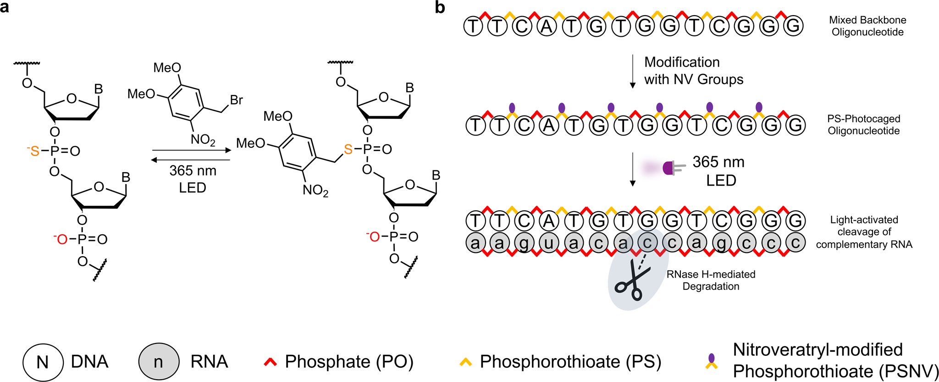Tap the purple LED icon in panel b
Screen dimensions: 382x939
[670, 168]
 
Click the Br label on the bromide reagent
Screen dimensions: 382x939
[236, 100]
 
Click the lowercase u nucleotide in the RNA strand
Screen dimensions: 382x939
[549, 242]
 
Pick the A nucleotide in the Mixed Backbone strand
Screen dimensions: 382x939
[547, 26]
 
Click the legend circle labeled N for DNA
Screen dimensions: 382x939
[43, 362]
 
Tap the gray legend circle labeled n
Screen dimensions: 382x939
[158, 362]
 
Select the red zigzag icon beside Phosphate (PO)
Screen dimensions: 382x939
[271, 362]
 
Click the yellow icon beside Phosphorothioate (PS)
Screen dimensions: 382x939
[465, 362]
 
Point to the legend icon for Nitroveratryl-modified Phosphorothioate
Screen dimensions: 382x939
[711, 362]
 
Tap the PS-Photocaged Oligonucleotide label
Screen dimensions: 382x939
[863, 124]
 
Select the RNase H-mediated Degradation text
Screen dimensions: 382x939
[711, 280]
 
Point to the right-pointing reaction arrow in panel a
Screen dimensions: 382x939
[191, 150]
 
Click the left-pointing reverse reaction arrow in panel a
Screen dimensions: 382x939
[191, 160]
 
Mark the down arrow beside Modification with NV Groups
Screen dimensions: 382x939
[633, 71]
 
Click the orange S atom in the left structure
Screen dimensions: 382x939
[35, 151]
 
